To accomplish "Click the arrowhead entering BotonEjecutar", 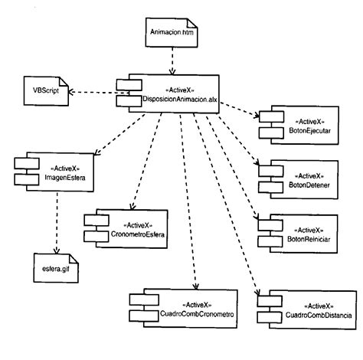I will point(255,116).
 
